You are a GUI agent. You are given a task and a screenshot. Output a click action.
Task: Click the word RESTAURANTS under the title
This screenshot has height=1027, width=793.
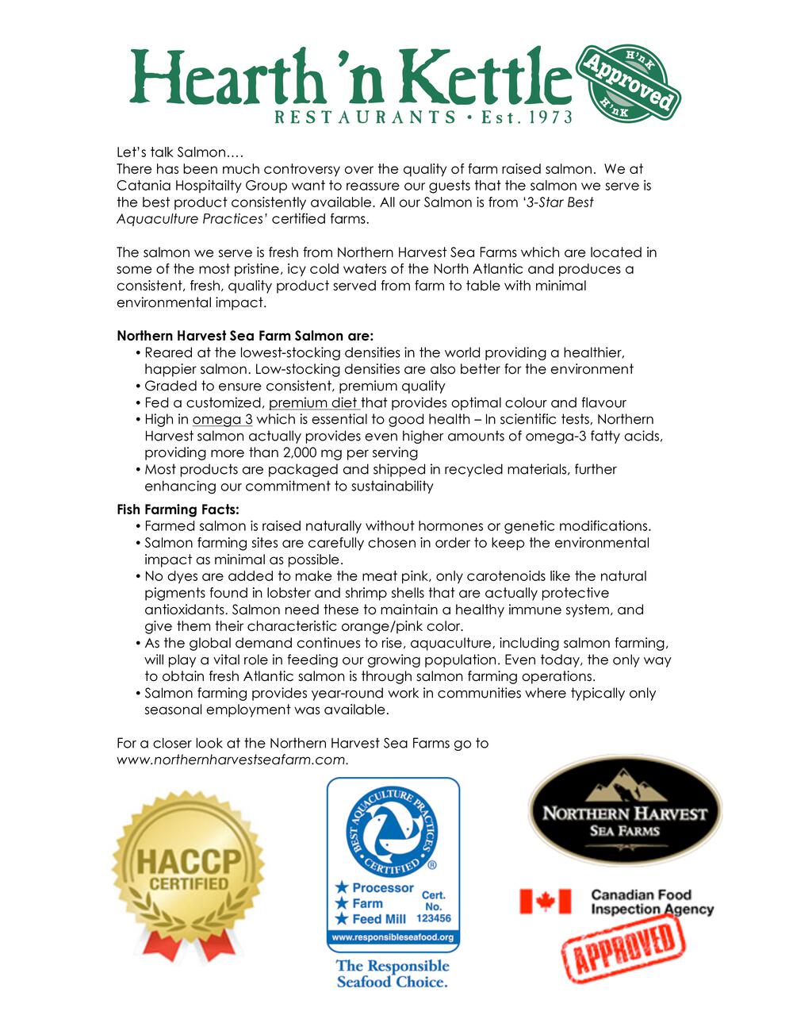[365, 117]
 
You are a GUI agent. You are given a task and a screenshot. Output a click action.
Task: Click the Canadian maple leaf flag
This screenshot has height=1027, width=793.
[545, 902]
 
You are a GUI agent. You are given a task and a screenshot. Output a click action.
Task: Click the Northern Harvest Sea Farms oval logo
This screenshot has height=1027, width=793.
[625, 810]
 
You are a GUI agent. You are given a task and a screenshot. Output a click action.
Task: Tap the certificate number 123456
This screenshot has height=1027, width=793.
[434, 918]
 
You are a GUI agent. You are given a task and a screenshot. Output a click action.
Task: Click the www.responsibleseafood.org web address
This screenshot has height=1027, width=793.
[393, 937]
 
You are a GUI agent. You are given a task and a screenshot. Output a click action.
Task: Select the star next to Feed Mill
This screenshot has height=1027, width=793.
[342, 919]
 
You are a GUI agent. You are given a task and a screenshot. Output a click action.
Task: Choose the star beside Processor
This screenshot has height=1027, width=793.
[342, 887]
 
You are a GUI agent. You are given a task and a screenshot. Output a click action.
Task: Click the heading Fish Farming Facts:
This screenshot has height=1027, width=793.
[178, 510]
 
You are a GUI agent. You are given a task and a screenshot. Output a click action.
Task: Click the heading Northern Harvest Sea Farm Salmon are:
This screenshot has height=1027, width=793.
[245, 336]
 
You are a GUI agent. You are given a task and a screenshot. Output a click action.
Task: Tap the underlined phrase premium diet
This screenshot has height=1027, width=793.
[314, 402]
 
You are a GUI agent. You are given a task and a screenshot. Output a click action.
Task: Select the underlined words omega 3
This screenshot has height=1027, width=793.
[222, 419]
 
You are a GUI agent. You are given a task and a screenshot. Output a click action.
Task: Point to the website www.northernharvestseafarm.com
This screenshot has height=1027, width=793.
[232, 760]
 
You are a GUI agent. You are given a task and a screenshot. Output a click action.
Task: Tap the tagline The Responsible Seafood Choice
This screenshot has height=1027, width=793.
[393, 974]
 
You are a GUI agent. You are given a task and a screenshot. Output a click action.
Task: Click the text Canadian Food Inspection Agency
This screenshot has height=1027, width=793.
[652, 902]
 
